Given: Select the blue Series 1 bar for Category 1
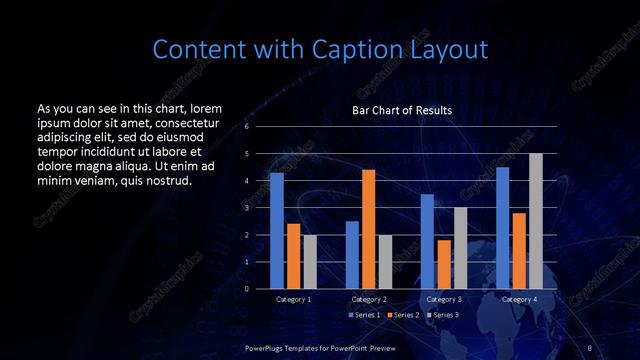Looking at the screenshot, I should (277, 231).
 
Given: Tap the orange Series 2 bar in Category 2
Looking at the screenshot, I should (368, 229).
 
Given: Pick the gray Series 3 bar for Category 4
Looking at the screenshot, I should (535, 221).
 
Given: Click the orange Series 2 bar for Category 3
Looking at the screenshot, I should (443, 264).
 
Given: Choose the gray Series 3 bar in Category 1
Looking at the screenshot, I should (310, 262).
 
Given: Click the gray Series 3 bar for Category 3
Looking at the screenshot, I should (460, 248).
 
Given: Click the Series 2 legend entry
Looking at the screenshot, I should (402, 315).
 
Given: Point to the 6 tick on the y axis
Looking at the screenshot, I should (246, 127).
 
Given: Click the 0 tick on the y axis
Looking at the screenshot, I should (246, 289).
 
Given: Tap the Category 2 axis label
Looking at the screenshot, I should (368, 300).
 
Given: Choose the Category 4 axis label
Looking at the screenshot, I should (518, 300).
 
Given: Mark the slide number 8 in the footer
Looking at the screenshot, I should (590, 347).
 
